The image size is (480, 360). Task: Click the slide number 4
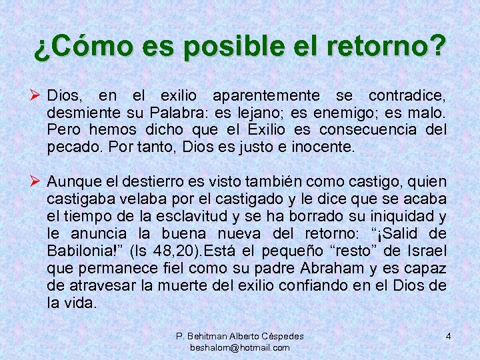point(448,337)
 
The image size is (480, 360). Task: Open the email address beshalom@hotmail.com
point(240,347)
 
